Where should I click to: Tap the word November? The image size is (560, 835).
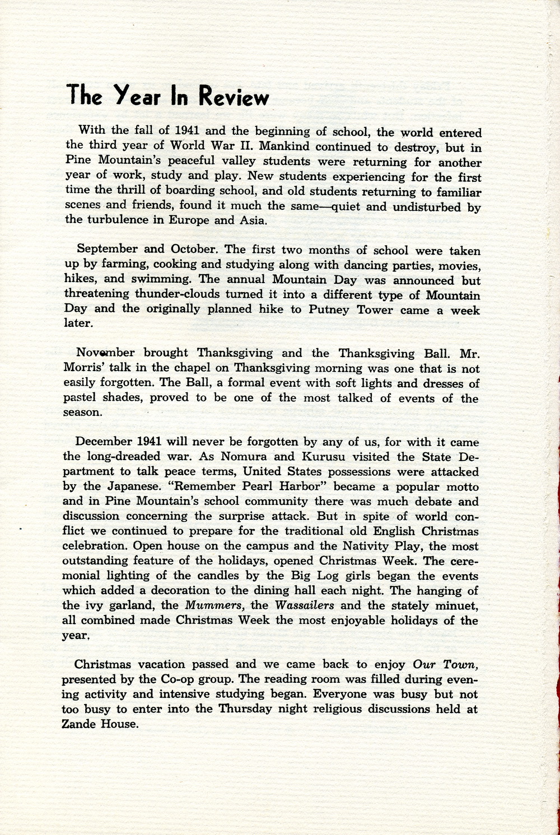105,353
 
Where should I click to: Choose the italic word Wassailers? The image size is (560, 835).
305,606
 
